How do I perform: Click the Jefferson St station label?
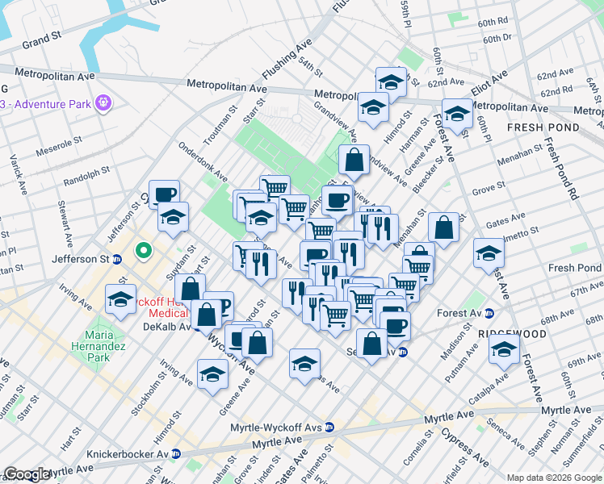click(78, 260)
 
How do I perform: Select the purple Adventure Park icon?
click(103, 103)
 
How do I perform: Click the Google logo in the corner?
click(27, 474)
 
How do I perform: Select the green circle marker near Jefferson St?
click(143, 252)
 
